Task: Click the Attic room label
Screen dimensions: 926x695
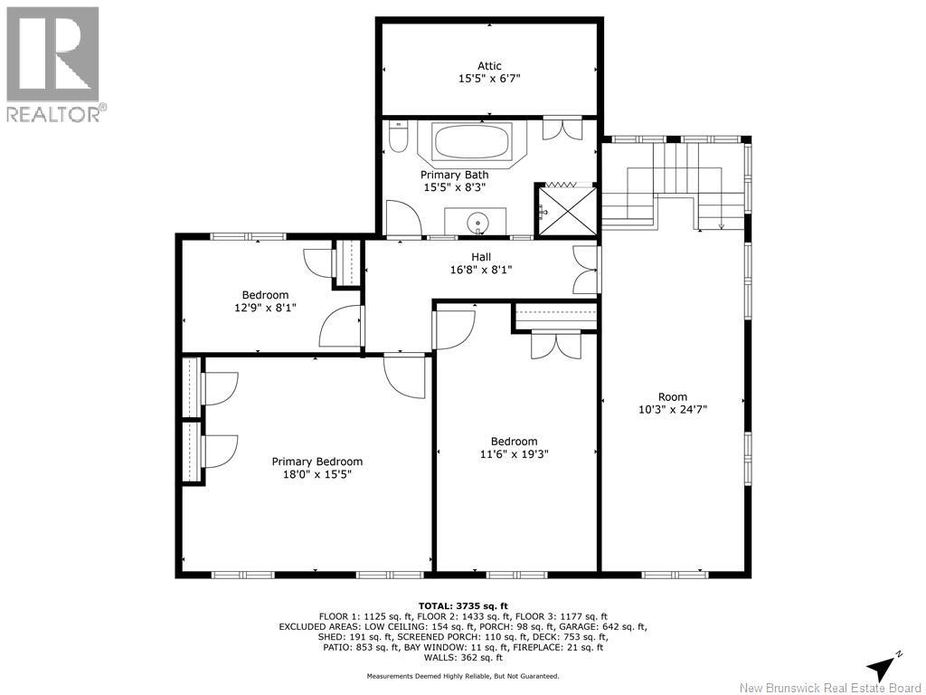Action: coord(489,66)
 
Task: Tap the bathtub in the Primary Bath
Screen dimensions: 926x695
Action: coord(472,141)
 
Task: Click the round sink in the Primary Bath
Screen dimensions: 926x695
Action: coord(477,224)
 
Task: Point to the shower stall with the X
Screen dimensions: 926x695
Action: coord(566,210)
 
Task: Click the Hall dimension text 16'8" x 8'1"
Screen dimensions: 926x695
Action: coord(481,270)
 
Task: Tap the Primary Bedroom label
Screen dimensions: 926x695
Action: coord(317,462)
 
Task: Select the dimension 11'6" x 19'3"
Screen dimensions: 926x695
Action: coord(514,454)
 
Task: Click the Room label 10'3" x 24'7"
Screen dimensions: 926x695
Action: coord(673,409)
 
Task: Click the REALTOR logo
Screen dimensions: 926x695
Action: coord(53,64)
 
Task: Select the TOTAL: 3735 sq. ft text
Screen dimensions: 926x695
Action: coord(463,605)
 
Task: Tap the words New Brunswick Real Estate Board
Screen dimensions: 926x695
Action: coord(831,688)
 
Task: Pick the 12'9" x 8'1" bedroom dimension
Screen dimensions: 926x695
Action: coord(265,308)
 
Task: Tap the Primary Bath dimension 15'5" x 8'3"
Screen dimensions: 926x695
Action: coord(454,187)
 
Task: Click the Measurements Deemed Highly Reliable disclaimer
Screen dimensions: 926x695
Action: coord(463,676)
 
